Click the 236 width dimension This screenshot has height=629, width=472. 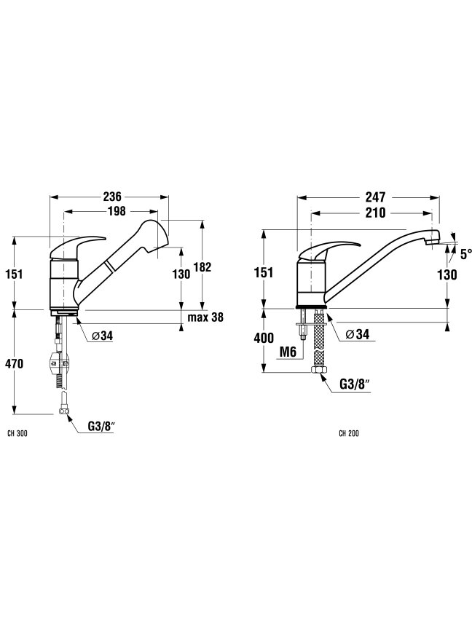[x=112, y=197]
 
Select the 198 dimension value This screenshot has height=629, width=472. [x=117, y=210]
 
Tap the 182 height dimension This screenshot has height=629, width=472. [x=202, y=266]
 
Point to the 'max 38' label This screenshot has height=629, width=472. [x=205, y=317]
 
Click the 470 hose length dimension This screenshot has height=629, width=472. [x=15, y=364]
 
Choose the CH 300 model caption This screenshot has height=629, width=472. [x=17, y=434]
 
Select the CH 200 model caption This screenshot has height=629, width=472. [x=349, y=434]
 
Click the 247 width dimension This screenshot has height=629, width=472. [x=375, y=197]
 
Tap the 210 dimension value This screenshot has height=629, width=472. [x=375, y=212]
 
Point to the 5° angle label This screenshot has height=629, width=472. [x=465, y=254]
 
